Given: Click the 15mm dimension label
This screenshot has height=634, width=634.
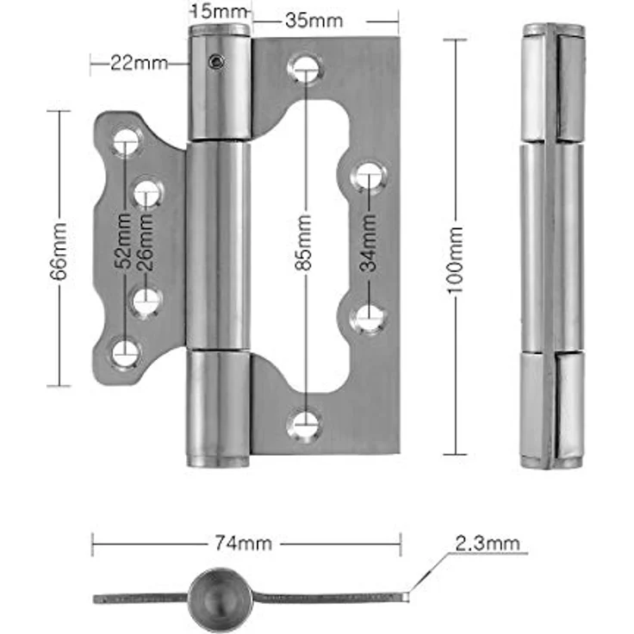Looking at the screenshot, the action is (x=219, y=11).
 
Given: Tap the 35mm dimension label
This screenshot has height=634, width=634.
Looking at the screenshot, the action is (x=314, y=21).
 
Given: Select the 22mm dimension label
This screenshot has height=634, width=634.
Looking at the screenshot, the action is (x=139, y=63).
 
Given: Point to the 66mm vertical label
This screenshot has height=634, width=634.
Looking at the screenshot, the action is (x=59, y=251).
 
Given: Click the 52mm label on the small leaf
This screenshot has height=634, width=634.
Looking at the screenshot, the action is (x=123, y=240).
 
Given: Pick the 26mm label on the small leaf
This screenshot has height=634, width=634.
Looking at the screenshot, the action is (x=146, y=241).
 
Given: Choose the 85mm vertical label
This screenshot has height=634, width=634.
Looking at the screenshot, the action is (x=303, y=242).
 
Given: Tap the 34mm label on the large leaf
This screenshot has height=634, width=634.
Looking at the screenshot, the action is (x=368, y=243).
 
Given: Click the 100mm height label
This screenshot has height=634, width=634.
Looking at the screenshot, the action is (x=456, y=260).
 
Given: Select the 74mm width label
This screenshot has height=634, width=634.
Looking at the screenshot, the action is (x=243, y=544).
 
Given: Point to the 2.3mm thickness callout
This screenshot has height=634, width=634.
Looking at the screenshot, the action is (x=488, y=544).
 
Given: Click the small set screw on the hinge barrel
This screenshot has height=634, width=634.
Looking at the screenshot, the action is (x=217, y=62).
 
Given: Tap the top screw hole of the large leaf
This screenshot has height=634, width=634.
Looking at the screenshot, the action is (x=306, y=68).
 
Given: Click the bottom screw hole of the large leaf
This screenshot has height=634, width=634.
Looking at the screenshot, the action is (x=304, y=426).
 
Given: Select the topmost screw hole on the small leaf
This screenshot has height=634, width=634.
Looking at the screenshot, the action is (x=127, y=142).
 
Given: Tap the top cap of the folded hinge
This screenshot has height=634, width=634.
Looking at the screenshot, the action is (x=554, y=29).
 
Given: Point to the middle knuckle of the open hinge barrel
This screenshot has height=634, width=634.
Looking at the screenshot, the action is (x=218, y=245).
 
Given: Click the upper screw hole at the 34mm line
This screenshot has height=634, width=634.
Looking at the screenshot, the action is (x=369, y=177).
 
